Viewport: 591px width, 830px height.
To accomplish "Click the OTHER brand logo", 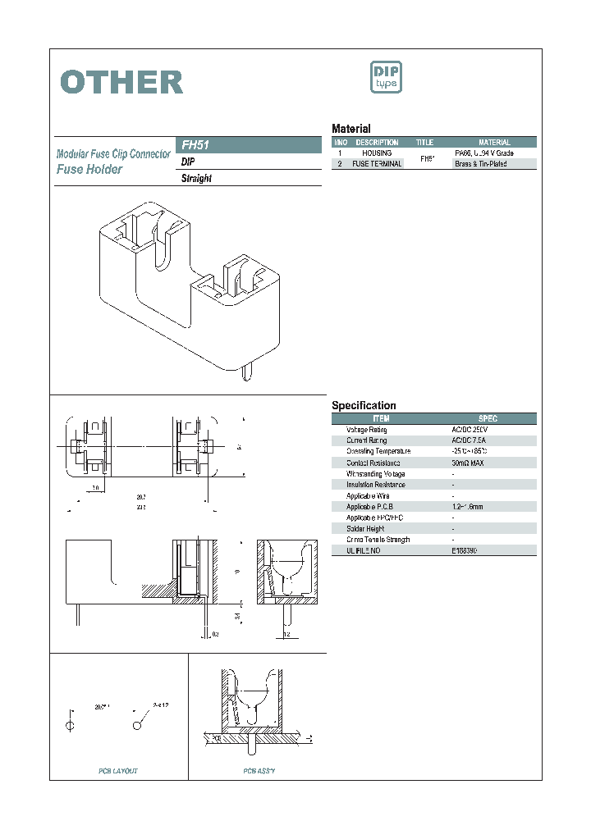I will pyautogui.click(x=121, y=82).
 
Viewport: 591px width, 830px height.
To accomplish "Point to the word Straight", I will pyautogui.click(x=196, y=179).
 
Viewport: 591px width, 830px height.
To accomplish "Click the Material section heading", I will pyautogui.click(x=350, y=129).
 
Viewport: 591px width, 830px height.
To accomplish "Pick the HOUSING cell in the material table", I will pyautogui.click(x=377, y=153).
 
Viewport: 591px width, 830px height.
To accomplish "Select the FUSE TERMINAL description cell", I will pyautogui.click(x=377, y=164).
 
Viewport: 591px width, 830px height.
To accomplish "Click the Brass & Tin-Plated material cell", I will pyautogui.click(x=481, y=164).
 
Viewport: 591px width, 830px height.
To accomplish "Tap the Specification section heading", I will pyautogui.click(x=364, y=406).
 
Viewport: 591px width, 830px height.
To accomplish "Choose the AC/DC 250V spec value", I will pyautogui.click(x=470, y=430).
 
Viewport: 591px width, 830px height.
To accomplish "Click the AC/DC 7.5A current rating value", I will pyautogui.click(x=470, y=440).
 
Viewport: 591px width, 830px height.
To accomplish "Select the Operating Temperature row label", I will pyautogui.click(x=378, y=452).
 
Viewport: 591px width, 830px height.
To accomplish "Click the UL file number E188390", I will pyautogui.click(x=465, y=551).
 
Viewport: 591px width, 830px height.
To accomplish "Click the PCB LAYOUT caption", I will pyautogui.click(x=118, y=771).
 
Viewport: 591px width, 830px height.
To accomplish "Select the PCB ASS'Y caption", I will pyautogui.click(x=259, y=771).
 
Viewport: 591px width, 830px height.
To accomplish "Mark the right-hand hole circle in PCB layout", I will pyautogui.click(x=137, y=726).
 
